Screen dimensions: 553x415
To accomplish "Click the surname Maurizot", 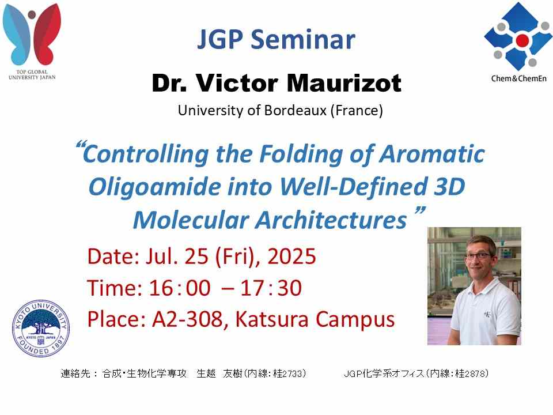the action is coord(344,83).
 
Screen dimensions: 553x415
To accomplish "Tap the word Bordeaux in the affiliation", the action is coord(296,111).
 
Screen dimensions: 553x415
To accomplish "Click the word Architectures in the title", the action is coord(331,220).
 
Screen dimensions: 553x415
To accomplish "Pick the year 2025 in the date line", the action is coord(291,256).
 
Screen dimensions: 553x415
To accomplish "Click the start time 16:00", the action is coord(180,288).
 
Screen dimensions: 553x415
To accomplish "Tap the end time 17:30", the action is coord(271,288).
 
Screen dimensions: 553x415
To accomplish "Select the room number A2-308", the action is coord(187,319).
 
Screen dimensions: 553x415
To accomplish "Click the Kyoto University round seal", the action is coord(41,328).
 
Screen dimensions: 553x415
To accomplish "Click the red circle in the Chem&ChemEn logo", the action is coord(522,40).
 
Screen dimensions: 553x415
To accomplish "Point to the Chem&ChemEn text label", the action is coord(519,78).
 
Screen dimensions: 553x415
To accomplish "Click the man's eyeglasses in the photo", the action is coord(479,255).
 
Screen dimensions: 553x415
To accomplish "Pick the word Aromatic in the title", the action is coord(432,154).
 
